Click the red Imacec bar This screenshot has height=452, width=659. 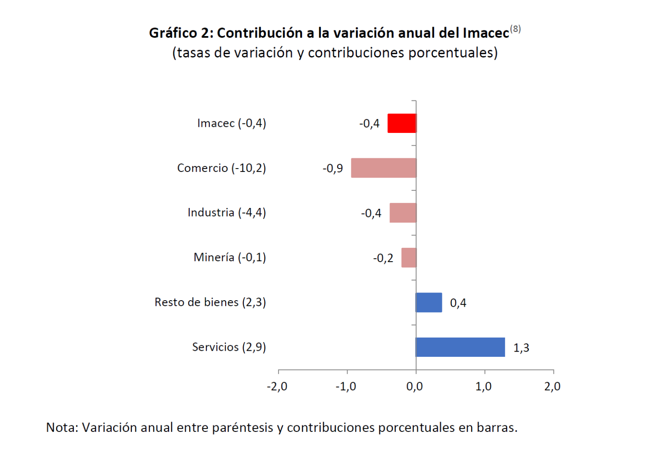coord(402,124)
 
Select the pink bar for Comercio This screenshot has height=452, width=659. coord(384,168)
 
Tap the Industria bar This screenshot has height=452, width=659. coord(403,213)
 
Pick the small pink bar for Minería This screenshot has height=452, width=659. coord(409,258)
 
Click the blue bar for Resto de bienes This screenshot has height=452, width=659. coord(429,302)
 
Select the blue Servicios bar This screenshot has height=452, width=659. coord(460,347)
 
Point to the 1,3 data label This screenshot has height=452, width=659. coord(521,348)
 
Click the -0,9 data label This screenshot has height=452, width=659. coord(333,169)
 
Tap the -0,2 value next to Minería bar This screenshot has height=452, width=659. coord(383,258)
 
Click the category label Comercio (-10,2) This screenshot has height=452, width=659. coord(221,168)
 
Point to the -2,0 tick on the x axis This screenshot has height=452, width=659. coord(277,386)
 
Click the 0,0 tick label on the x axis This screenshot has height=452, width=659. coord(414,386)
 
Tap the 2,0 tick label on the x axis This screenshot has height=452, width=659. coord(552,386)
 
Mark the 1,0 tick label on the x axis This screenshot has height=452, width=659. coord(484,386)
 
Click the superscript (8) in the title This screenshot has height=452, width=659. coord(515,29)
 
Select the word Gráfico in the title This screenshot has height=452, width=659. coord(173,33)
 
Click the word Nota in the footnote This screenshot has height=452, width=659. coord(61,428)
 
